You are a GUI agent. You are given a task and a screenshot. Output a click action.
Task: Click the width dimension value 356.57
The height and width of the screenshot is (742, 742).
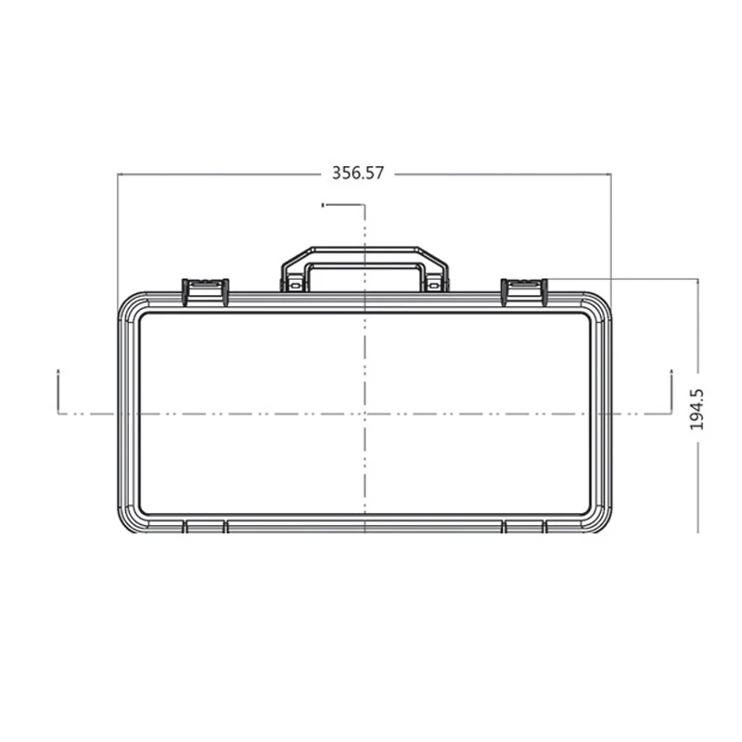tap(358, 173)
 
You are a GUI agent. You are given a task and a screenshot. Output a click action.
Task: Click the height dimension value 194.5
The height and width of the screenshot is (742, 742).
tap(697, 408)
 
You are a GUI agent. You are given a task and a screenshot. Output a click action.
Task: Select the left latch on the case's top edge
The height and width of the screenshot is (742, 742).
tap(205, 290)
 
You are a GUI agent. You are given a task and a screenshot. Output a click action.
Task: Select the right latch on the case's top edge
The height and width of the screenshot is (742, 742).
tap(524, 290)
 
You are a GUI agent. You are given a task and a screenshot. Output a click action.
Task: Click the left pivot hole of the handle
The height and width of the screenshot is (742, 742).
tap(295, 286)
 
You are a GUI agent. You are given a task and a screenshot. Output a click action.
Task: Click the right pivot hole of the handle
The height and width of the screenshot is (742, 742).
tap(434, 286)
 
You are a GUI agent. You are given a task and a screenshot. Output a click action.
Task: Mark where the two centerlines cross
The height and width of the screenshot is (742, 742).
tap(365, 413)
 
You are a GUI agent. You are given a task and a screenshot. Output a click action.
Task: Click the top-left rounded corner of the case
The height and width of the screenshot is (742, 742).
tap(131, 305)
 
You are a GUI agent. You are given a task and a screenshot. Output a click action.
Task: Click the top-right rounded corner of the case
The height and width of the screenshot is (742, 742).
tap(598, 305)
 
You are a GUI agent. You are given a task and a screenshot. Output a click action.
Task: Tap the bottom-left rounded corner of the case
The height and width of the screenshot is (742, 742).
tap(131, 520)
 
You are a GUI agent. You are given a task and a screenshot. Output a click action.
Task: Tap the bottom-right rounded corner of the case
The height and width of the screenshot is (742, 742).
tap(598, 520)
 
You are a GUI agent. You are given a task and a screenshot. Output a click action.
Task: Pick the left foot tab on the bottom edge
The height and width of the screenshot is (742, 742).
tap(205, 527)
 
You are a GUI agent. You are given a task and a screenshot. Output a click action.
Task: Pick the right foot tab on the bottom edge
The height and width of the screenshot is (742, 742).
tap(524, 527)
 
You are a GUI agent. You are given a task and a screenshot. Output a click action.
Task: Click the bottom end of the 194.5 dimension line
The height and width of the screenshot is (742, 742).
tap(697, 531)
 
